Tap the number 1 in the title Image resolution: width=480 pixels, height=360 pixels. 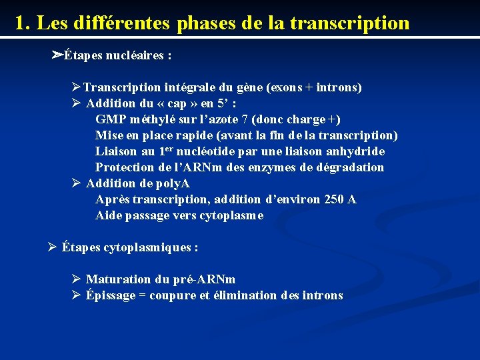coord(21,23)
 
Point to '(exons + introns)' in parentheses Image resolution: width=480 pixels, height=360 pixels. coord(314,87)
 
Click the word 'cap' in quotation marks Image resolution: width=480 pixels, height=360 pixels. coord(177,103)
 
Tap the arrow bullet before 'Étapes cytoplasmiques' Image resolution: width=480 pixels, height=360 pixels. coord(53,247)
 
